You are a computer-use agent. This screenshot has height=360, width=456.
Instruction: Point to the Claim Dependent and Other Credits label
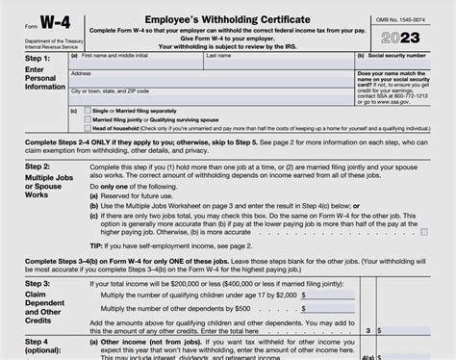[x=32, y=321]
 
